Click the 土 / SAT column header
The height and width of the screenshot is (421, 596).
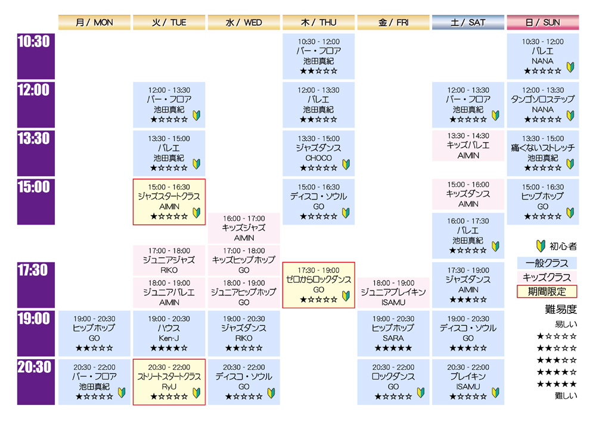[468, 23]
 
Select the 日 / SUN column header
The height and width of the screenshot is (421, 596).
[543, 23]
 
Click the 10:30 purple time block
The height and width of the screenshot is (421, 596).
[36, 56]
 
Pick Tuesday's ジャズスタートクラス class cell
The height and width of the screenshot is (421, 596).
[169, 202]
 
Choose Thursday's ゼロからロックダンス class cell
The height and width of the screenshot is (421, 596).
[318, 285]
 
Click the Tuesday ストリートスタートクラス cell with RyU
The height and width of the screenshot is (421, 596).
[169, 382]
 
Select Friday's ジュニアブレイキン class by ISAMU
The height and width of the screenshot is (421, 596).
[393, 293]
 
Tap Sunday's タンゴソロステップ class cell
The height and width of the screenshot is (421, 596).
[543, 105]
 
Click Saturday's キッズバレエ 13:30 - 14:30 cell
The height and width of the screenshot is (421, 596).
[468, 146]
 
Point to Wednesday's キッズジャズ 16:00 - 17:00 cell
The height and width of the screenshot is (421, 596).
[244, 228]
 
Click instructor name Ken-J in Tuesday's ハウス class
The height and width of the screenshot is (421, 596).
[169, 338]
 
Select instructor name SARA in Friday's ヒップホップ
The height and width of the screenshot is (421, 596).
[393, 338]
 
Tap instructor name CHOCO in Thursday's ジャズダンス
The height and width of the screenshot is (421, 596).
[318, 158]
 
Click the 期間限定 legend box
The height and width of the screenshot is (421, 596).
[547, 292]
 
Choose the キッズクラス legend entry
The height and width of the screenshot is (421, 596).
[547, 277]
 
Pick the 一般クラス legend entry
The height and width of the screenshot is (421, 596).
[547, 263]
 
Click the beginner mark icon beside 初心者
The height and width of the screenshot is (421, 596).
[541, 246]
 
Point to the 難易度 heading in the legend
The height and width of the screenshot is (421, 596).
[561, 310]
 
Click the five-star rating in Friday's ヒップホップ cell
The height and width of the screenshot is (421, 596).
[393, 348]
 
